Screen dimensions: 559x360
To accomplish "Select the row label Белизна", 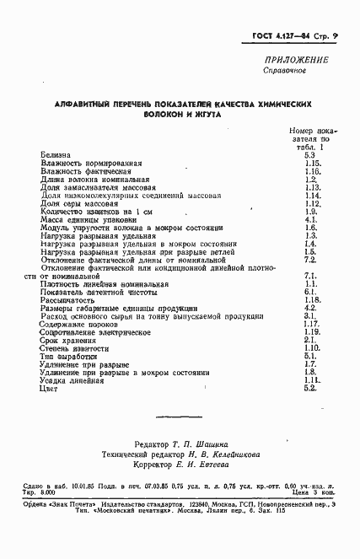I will coord(56,155).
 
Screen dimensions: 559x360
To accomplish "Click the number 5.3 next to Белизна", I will coord(309,155).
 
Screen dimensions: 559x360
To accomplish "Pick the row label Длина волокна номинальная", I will coord(94,180).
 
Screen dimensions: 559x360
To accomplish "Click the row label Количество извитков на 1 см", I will coord(96,211).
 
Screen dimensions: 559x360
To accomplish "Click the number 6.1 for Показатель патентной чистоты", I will coord(309,291).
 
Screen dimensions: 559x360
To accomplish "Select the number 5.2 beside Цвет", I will coord(309,387).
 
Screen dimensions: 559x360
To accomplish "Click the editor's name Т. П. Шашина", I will coord(209,443).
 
